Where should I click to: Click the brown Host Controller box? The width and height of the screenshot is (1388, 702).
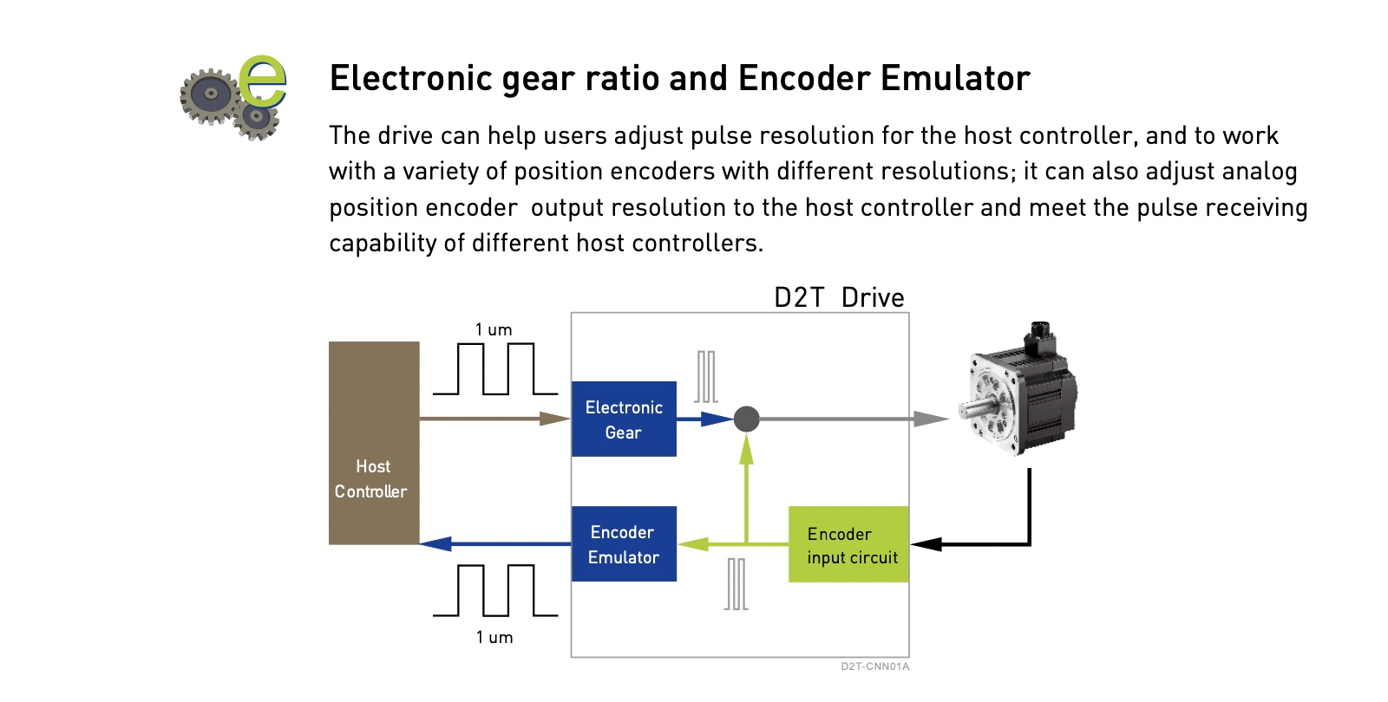click(x=374, y=443)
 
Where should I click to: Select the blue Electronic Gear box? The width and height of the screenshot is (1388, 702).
click(x=624, y=419)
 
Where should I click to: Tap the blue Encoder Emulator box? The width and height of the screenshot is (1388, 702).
click(x=624, y=543)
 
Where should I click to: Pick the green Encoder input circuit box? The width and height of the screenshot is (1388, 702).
click(x=848, y=544)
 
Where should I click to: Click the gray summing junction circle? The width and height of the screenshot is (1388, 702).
click(x=747, y=419)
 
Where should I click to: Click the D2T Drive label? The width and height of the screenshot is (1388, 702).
click(x=839, y=298)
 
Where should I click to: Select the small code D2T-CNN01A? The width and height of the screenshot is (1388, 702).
click(x=875, y=666)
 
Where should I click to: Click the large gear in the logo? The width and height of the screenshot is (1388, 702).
click(x=211, y=94)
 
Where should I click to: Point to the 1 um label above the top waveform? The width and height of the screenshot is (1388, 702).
click(x=494, y=329)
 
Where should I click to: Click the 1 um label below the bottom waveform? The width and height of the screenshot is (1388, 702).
click(x=494, y=637)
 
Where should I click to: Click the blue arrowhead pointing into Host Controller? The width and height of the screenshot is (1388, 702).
click(x=435, y=544)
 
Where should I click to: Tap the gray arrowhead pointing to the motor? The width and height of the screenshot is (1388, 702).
click(x=932, y=419)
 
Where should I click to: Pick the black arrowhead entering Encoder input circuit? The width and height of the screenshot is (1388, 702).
click(x=926, y=544)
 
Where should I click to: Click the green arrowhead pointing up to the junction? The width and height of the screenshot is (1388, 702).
click(x=747, y=449)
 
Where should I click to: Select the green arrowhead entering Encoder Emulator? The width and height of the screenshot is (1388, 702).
click(x=693, y=544)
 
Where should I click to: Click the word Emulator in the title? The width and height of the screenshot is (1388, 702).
click(x=955, y=79)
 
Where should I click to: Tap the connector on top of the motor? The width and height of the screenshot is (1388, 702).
click(x=1039, y=337)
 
